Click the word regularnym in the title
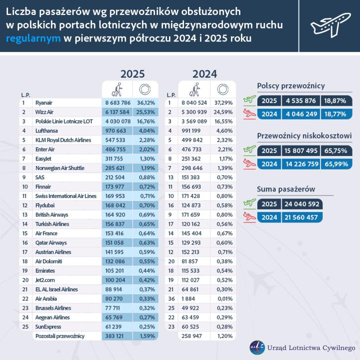[x=34, y=38]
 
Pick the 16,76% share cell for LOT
[x=146, y=121]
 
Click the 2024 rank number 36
[x=171, y=299]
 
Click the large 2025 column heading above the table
[x=132, y=74]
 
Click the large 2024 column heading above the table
[x=204, y=74]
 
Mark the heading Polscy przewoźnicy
[x=291, y=86]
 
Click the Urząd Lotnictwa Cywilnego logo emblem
[x=257, y=348]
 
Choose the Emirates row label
[x=45, y=271]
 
